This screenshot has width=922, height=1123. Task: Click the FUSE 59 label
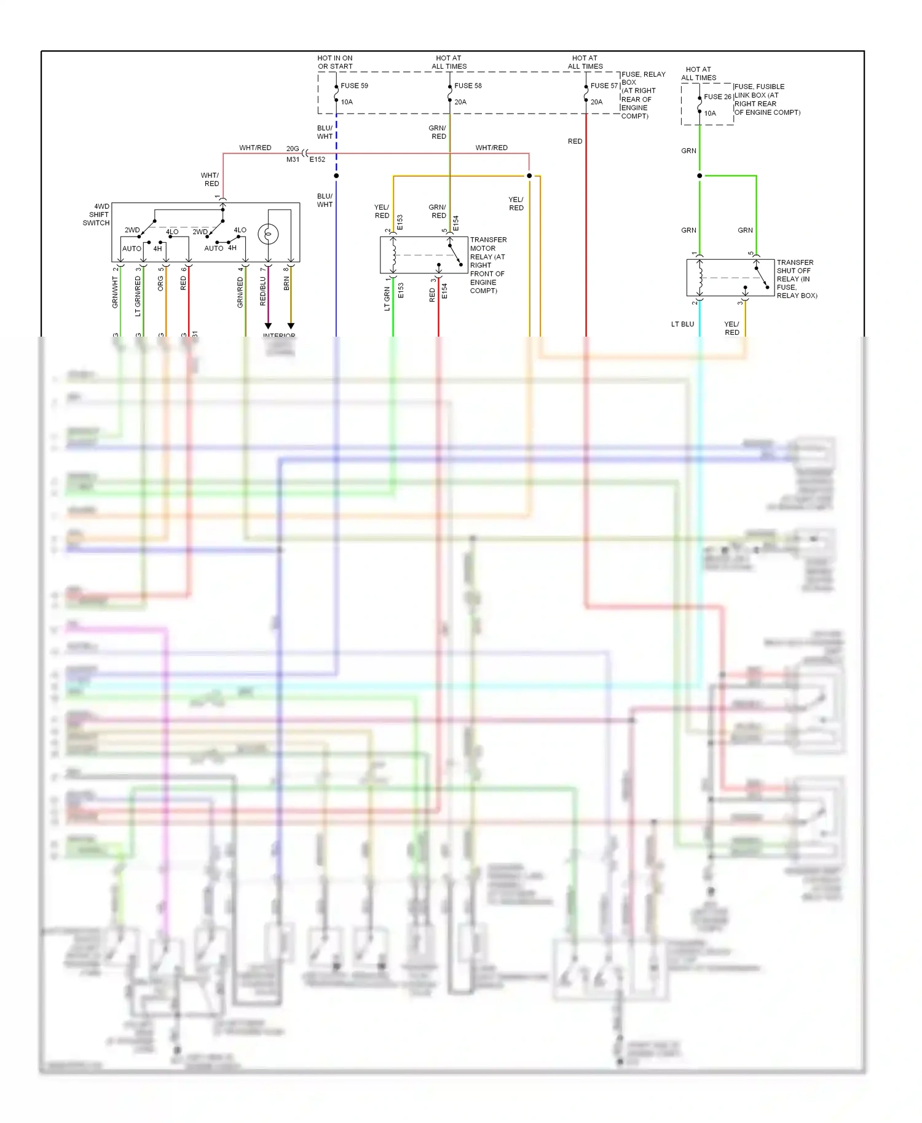(x=354, y=86)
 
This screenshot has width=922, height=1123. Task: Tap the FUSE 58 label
(x=468, y=86)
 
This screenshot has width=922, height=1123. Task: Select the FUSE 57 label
(x=604, y=86)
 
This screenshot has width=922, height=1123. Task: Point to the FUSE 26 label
(x=717, y=97)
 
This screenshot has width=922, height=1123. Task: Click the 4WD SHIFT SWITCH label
(x=97, y=215)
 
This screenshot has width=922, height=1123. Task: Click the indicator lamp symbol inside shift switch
(x=268, y=234)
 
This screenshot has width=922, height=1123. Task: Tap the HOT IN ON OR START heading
(x=335, y=62)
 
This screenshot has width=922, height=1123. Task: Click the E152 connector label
(x=317, y=160)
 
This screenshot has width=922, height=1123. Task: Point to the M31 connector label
(x=293, y=160)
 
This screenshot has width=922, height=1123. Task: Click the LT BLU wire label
(x=682, y=324)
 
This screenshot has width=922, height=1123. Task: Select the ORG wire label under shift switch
(x=160, y=283)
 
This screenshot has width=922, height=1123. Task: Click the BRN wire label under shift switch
(x=286, y=283)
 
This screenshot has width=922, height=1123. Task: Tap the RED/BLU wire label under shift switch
(x=263, y=291)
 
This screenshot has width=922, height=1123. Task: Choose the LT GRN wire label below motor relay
(x=387, y=299)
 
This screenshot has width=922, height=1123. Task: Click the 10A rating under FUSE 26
(x=710, y=114)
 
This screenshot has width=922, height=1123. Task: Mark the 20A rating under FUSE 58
(x=460, y=102)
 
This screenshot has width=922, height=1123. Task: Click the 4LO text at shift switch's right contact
(x=240, y=230)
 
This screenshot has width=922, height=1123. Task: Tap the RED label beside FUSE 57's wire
(x=575, y=141)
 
